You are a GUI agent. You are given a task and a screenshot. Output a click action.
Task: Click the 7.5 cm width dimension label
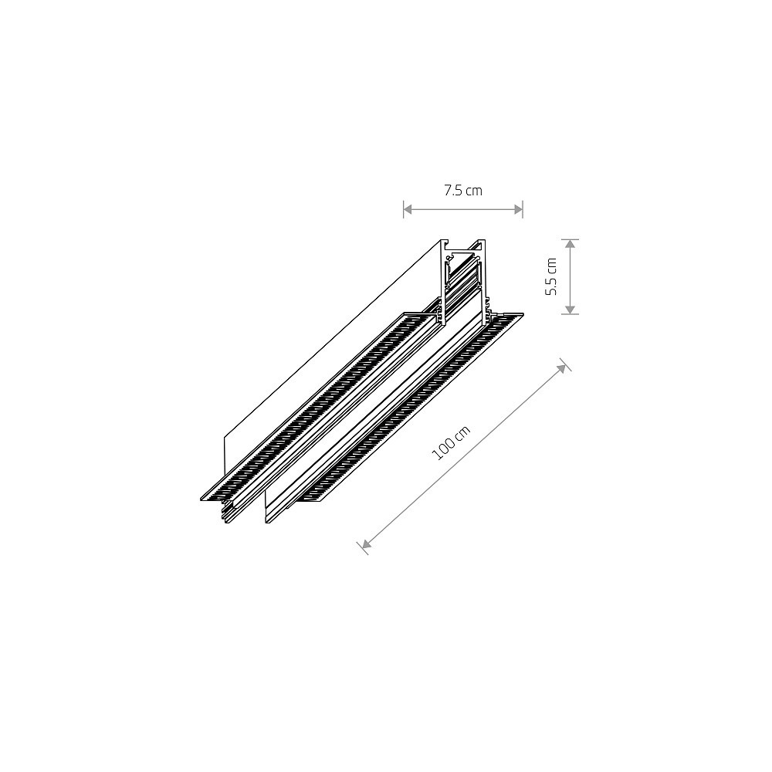pyautogui.click(x=462, y=191)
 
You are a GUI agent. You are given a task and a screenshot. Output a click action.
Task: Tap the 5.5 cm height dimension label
pyautogui.click(x=551, y=276)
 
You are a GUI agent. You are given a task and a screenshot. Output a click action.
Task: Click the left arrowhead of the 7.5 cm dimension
pyautogui.click(x=408, y=210)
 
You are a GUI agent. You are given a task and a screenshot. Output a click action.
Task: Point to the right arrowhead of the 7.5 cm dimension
pyautogui.click(x=518, y=210)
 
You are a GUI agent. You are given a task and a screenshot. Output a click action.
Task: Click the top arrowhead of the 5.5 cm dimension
pyautogui.click(x=570, y=244)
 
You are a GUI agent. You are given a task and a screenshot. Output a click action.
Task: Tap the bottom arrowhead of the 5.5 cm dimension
pyautogui.click(x=570, y=310)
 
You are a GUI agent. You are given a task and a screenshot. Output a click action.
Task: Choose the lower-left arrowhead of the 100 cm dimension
pyautogui.click(x=366, y=543)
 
